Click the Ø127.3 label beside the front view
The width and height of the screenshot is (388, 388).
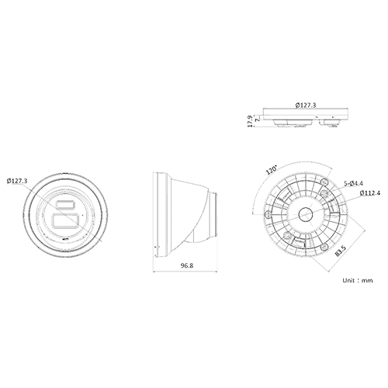16,181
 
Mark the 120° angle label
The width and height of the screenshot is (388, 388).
272,170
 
